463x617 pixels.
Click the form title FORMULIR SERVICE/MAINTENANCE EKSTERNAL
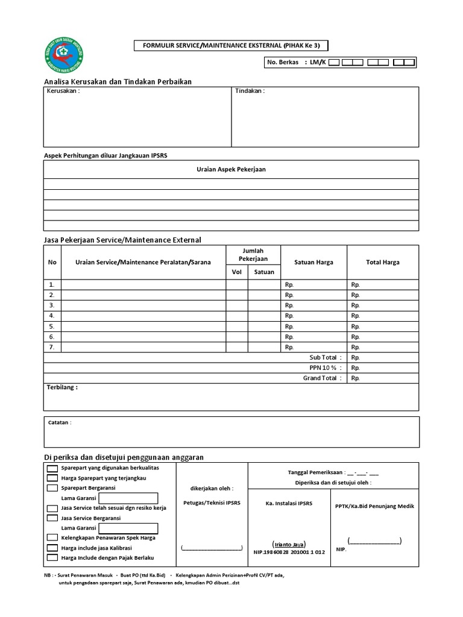pos(231,46)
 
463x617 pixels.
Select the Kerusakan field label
pos(63,91)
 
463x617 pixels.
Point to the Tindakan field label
pos(250,91)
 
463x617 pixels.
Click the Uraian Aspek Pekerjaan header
pos(231,169)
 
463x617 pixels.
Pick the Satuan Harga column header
pos(313,262)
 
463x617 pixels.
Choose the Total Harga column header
pos(382,262)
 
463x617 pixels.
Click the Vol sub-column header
pos(236,272)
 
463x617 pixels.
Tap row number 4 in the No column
pos(52,316)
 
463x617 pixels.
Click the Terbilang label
pos(62,387)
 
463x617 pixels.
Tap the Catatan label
pos(60,422)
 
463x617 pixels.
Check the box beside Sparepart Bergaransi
pos(52,488)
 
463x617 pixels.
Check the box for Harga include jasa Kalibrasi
pos(52,548)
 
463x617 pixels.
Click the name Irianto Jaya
pos(289,543)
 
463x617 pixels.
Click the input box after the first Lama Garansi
pos(128,498)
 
